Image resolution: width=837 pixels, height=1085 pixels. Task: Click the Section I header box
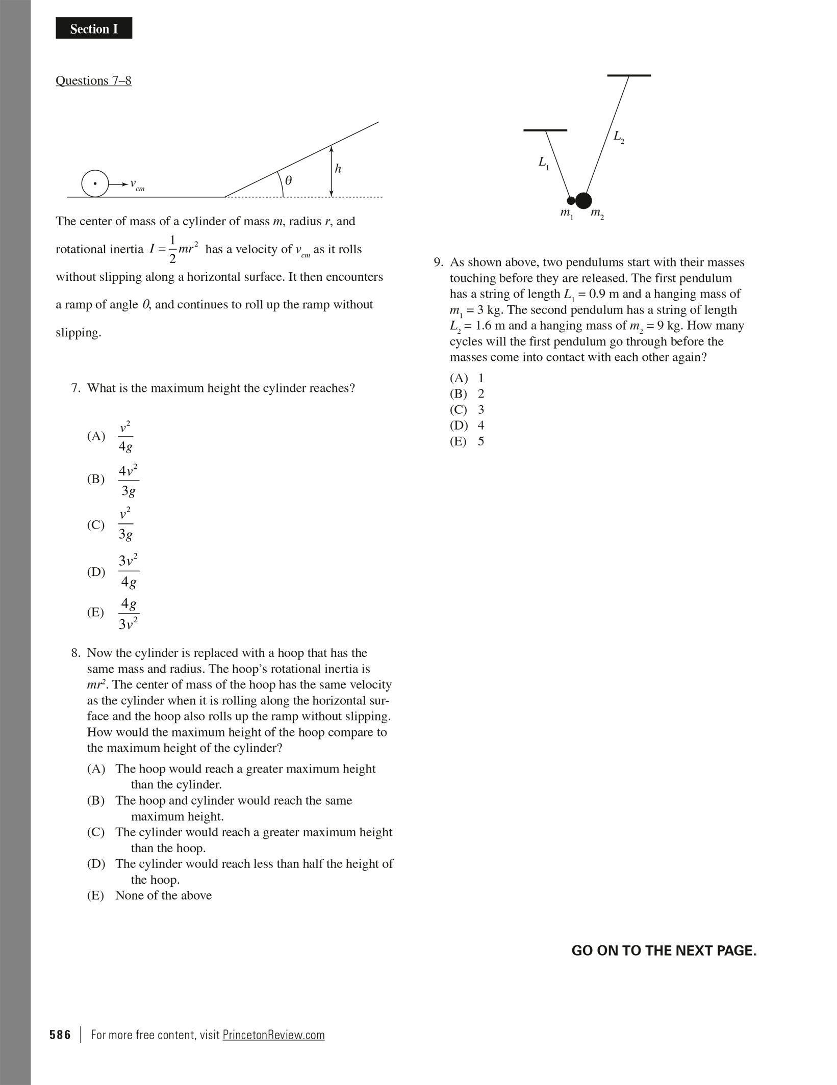pos(94,29)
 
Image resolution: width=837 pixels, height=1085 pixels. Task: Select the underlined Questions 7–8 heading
pos(93,81)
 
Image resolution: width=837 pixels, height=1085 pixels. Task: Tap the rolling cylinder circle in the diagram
pos(95,183)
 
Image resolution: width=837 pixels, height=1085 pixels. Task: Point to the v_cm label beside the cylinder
pos(136,184)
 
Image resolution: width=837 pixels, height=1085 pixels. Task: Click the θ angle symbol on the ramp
pos(288,180)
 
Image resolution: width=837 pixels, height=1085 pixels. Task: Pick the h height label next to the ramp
pos(338,169)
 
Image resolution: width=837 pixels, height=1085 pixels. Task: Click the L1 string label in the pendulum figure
pos(543,163)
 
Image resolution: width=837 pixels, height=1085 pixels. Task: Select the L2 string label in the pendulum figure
pos(618,137)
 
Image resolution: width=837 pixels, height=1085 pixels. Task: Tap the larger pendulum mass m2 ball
pos(584,201)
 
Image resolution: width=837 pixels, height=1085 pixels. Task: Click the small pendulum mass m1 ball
pos(571,201)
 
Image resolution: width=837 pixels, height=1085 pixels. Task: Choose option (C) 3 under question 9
pos(467,410)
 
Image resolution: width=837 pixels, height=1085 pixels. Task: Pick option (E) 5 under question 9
pos(467,441)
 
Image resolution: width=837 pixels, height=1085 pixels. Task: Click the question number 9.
pos(439,262)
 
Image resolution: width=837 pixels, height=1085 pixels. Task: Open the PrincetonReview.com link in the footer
pos(273,1035)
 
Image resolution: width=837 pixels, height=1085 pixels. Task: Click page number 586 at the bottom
pos(60,1035)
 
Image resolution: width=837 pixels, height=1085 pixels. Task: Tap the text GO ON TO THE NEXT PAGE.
pos(664,951)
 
